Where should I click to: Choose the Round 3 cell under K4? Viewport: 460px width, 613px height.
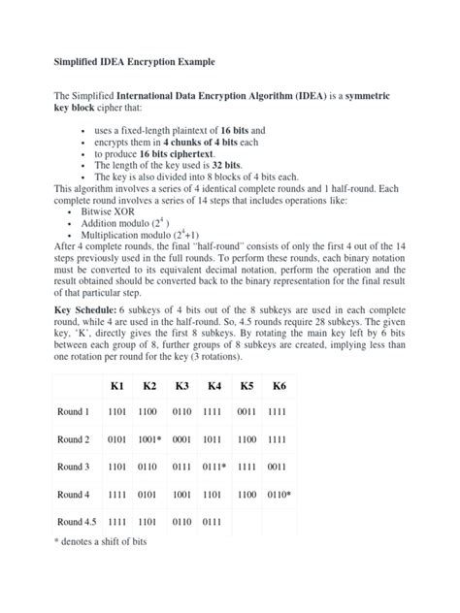coord(216,467)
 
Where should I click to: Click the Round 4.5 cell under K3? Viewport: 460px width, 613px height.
coord(181,521)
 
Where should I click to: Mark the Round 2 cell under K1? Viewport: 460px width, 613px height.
coord(116,439)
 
